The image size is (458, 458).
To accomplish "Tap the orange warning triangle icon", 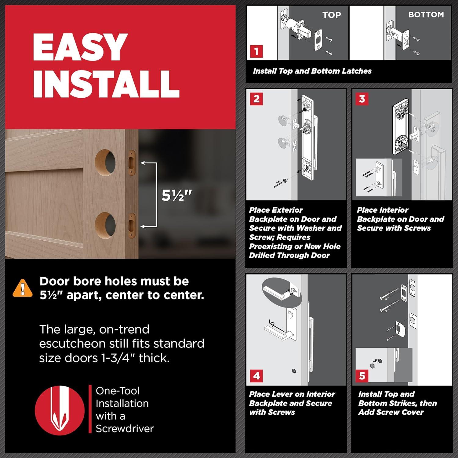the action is [x=23, y=288].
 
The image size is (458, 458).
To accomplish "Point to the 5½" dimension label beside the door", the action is [x=177, y=195].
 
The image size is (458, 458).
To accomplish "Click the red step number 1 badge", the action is [x=256, y=51].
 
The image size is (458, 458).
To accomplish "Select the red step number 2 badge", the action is [x=256, y=99].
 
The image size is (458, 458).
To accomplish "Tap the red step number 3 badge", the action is [x=362, y=99].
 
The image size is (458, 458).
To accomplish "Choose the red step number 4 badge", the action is [x=256, y=376].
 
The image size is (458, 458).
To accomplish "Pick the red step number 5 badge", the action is [x=362, y=376].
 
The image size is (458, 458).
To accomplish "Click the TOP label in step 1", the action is [x=332, y=15].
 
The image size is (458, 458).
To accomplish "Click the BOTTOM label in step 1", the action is [x=426, y=15].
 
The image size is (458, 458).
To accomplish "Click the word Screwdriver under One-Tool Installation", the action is [x=125, y=429].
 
